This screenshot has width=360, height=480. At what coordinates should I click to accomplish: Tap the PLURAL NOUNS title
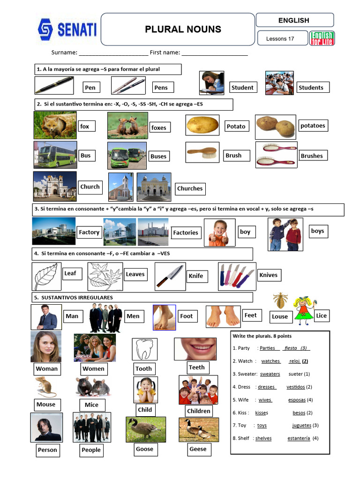pos(183,29)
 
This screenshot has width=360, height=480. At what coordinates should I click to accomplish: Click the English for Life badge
pos(322,38)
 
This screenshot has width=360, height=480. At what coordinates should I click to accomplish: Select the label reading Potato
pos(236,127)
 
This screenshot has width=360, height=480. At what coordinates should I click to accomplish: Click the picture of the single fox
pos(55,125)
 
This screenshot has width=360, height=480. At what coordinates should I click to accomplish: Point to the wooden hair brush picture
pos(202,152)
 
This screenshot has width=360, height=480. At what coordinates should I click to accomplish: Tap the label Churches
pos(190,189)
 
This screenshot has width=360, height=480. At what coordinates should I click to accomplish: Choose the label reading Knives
pos(268,275)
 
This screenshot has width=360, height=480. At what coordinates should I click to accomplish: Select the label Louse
pos(280,316)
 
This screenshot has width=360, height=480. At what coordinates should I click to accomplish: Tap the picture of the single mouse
pos(46,387)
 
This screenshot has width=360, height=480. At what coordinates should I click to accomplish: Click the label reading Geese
pos(198,449)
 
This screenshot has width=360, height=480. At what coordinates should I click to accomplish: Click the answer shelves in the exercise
pos(263,438)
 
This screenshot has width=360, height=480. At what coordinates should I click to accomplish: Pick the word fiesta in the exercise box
pos(291,348)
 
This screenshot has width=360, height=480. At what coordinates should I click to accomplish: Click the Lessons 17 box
pos(280,38)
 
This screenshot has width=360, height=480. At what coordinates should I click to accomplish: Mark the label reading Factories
pos(186,232)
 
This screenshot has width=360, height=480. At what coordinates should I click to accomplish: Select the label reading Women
pos(93,368)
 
